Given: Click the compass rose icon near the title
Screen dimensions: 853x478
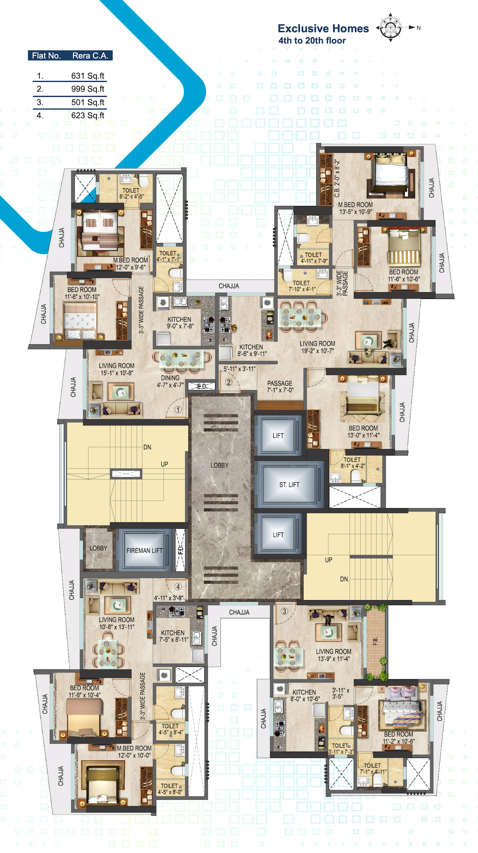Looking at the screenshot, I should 390,28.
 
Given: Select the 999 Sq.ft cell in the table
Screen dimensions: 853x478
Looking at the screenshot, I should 88,89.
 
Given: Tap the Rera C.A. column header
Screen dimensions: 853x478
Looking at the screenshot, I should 90,56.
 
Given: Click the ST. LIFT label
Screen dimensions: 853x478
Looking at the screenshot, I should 289,485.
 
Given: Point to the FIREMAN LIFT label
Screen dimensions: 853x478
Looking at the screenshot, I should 144,550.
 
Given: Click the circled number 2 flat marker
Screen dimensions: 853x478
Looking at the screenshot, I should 228,382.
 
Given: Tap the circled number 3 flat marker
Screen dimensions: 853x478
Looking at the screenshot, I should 284,611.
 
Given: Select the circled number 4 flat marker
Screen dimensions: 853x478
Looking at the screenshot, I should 178,586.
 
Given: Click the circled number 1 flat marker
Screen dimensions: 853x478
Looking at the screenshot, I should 178,410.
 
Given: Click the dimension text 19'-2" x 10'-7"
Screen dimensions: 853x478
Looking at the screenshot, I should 317,351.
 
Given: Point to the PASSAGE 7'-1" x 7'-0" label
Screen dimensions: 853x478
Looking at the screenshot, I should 280,387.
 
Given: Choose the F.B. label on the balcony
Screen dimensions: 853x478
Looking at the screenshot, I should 375,641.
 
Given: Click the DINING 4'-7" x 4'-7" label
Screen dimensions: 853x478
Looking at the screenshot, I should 170,381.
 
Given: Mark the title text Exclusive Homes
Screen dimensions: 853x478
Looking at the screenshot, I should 323,28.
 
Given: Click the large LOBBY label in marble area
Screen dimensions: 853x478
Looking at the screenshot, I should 219,465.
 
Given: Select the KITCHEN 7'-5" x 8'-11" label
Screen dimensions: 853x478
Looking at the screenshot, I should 173,636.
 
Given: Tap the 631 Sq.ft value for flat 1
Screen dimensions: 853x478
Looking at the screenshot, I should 88,76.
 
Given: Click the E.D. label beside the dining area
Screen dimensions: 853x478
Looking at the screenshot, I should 202,387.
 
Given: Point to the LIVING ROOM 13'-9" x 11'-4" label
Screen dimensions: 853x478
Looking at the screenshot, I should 334,655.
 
